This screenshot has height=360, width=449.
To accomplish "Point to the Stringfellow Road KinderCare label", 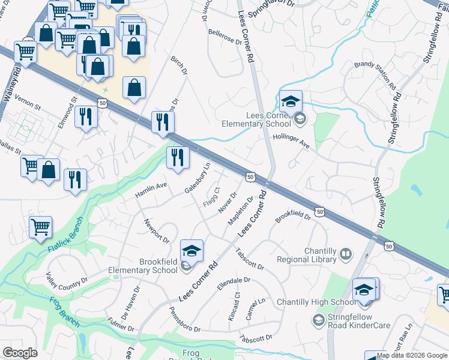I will pos(359,322).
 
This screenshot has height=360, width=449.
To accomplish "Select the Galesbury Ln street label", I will pos(197,178).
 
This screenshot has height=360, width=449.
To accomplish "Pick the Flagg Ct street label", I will pos(211,197).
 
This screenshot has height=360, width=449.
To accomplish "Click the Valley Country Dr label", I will pos(67,278).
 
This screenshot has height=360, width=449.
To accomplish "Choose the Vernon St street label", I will pos(27,103).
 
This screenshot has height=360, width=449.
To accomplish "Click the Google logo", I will pos(20,353).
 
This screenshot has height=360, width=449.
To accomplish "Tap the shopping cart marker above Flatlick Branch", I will pos(40,227).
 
